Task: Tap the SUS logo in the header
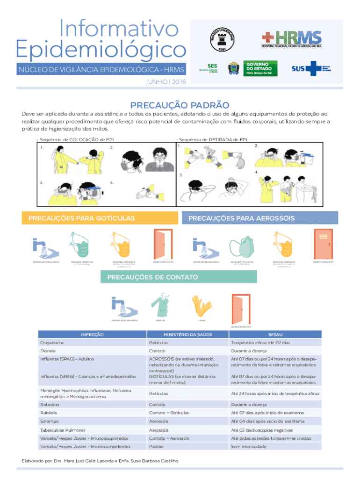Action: tap(310, 68)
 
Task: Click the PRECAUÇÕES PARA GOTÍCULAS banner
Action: tap(82, 218)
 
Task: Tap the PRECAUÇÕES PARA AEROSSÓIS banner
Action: tap(241, 218)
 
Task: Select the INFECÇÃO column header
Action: tap(92, 334)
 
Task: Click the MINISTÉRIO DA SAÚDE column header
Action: tap(186, 334)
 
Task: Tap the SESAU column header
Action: tap(275, 334)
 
